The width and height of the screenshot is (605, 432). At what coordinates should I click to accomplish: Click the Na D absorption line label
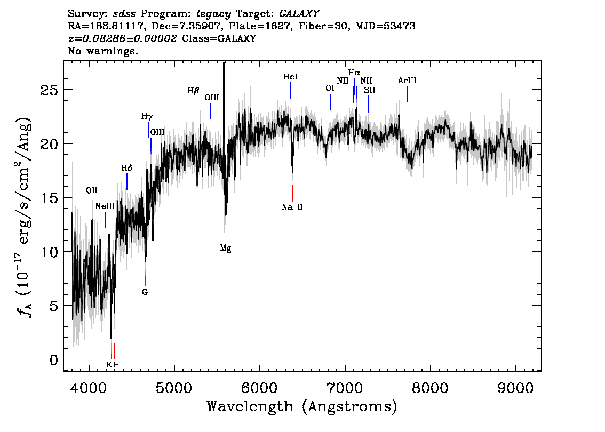[292, 207]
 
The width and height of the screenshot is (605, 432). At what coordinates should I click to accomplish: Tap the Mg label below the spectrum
[226, 248]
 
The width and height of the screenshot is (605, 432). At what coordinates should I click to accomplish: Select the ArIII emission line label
[407, 81]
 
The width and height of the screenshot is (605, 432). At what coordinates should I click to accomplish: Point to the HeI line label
[291, 77]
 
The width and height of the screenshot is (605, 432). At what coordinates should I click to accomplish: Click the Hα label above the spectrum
[354, 73]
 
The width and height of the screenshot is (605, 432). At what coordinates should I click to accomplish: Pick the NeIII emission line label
[105, 206]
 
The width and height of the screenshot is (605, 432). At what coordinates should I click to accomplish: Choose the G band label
[145, 292]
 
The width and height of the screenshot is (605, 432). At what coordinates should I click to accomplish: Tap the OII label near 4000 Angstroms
[92, 190]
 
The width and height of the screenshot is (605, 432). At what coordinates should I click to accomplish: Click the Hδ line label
[127, 168]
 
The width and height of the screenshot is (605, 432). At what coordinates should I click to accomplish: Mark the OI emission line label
[330, 89]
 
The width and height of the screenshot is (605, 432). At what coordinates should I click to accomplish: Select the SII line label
[370, 90]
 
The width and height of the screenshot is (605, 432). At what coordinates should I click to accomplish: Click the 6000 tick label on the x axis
[259, 388]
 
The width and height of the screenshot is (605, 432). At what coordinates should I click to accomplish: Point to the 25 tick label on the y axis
[49, 90]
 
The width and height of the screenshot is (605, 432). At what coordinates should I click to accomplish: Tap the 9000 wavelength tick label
[515, 388]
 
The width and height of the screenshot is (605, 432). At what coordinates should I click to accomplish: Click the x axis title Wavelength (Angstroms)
[302, 406]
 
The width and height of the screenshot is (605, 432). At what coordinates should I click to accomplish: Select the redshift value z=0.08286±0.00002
[122, 38]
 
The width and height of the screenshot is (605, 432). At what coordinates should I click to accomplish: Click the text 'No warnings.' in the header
[103, 51]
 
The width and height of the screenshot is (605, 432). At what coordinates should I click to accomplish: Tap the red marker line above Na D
[292, 193]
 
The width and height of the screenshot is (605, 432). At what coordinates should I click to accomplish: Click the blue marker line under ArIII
[408, 94]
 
